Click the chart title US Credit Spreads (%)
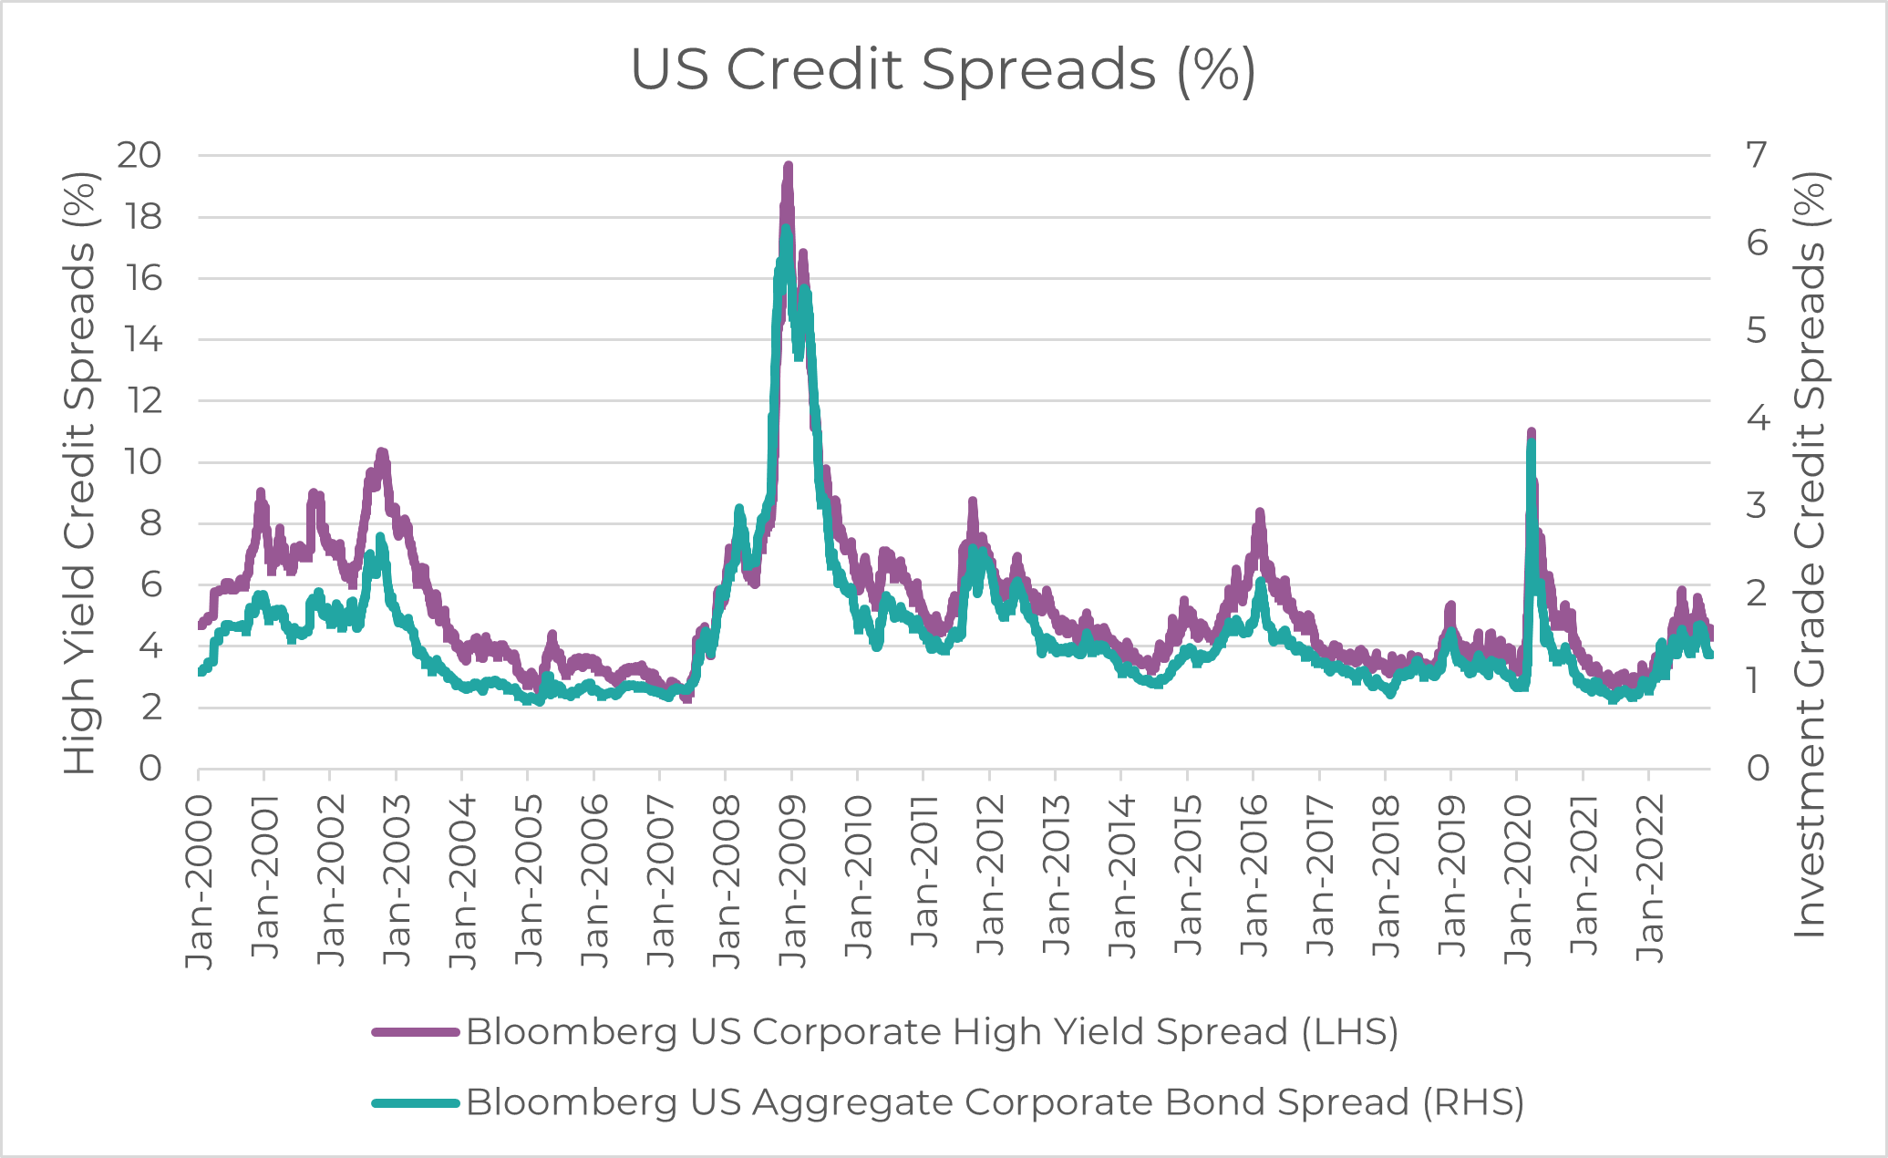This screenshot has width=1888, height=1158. pyautogui.click(x=943, y=70)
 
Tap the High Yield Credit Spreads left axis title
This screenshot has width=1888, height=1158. pyautogui.click(x=80, y=474)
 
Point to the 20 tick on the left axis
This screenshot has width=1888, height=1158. pyautogui.click(x=139, y=155)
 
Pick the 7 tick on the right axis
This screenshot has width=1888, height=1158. pyautogui.click(x=1756, y=155)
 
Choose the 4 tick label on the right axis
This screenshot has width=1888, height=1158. pyautogui.click(x=1757, y=419)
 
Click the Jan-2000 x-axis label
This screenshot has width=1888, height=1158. pyautogui.click(x=199, y=881)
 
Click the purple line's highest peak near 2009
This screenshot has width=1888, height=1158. pyautogui.click(x=789, y=167)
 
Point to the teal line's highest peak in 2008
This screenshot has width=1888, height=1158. pyautogui.click(x=785, y=229)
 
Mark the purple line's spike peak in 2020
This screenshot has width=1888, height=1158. pyautogui.click(x=1532, y=432)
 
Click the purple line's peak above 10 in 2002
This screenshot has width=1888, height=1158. pyautogui.click(x=382, y=452)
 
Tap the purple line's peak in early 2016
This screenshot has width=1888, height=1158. pyautogui.click(x=1260, y=513)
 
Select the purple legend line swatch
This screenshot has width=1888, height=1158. pyautogui.click(x=416, y=1032)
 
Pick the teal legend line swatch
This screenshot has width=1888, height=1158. pyautogui.click(x=416, y=1103)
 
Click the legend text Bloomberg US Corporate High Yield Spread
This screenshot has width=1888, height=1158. pyautogui.click(x=932, y=1032)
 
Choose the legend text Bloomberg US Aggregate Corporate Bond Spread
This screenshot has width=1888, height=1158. pyautogui.click(x=995, y=1103)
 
